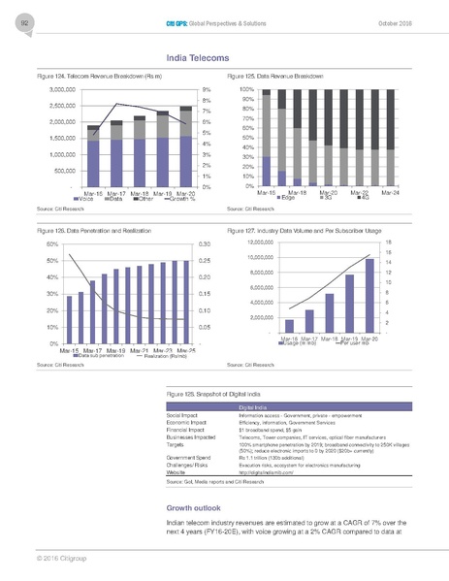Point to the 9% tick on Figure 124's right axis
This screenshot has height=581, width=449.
pyautogui.click(x=208, y=89)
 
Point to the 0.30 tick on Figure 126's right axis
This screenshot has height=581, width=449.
pyautogui.click(x=205, y=244)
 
